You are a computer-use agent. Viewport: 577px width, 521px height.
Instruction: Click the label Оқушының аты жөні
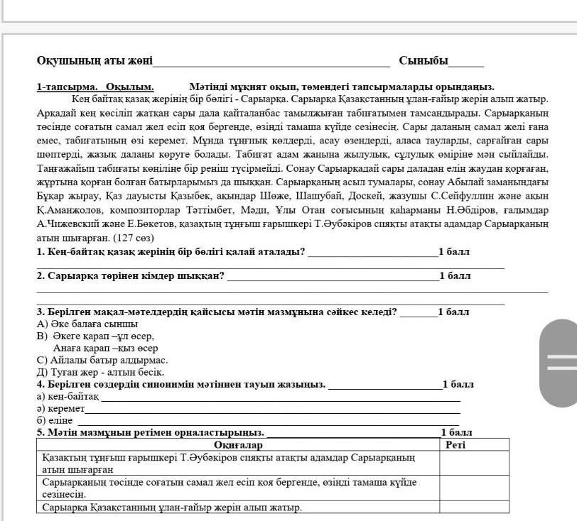pos(95,61)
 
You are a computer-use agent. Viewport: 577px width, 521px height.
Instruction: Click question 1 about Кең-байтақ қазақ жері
pos(171,251)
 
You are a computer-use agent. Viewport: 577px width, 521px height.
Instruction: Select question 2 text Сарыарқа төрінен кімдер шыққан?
pos(131,275)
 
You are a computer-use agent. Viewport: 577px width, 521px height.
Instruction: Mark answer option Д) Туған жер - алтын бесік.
pos(100,372)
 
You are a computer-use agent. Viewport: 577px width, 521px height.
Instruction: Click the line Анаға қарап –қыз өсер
pos(105,348)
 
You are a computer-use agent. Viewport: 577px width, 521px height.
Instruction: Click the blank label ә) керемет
pos(60,408)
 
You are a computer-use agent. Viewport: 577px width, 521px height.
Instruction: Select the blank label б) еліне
pos(55,420)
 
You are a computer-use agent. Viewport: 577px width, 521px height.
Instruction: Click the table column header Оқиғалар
pos(238,445)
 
